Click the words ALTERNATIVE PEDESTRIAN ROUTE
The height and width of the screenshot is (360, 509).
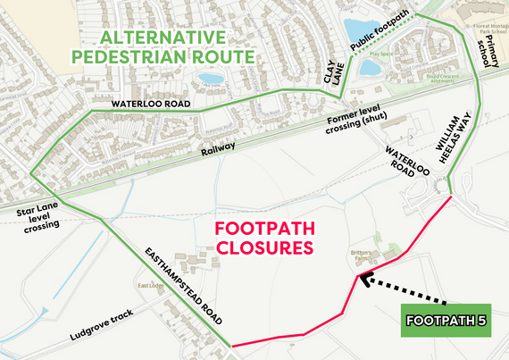click(177, 46)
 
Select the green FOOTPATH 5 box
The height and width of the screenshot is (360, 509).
click(446, 319)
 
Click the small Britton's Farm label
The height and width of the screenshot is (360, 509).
click(363, 254)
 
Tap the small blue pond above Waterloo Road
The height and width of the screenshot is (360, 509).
click(212, 79)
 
